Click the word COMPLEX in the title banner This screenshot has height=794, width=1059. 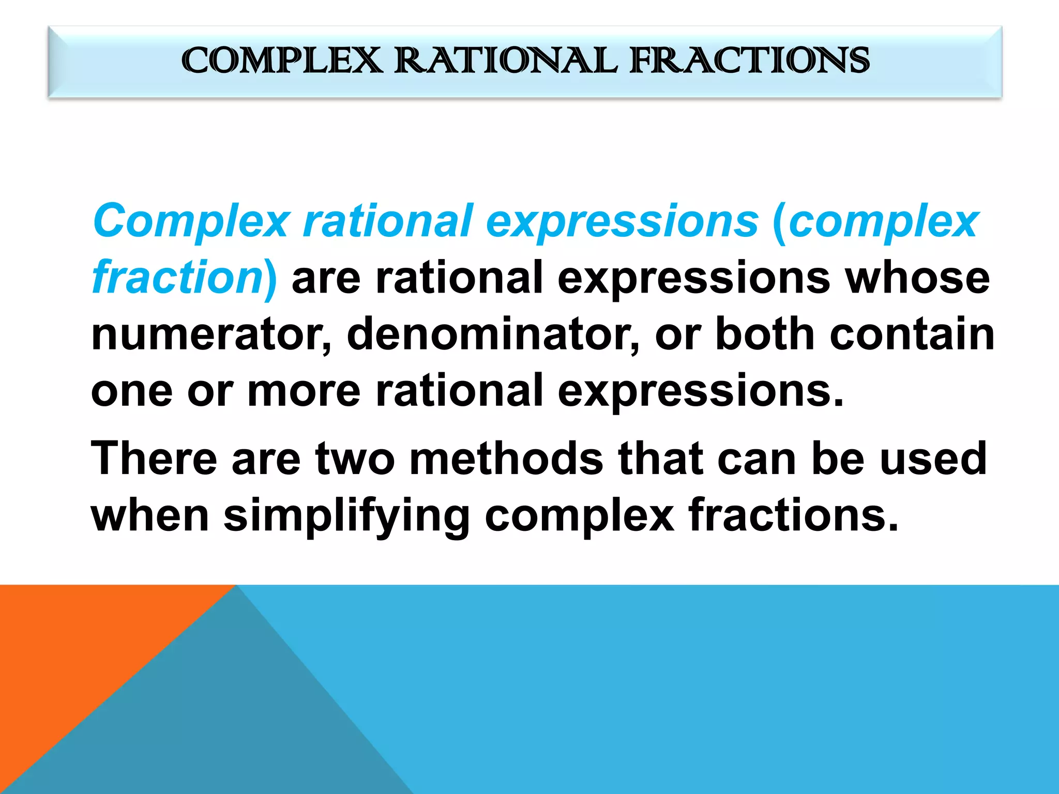coord(282,60)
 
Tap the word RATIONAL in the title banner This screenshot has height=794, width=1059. coord(506,60)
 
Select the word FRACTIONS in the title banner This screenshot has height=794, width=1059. coord(749,60)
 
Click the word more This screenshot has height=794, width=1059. coord(304,391)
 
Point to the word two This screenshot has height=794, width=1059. coord(355,459)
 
